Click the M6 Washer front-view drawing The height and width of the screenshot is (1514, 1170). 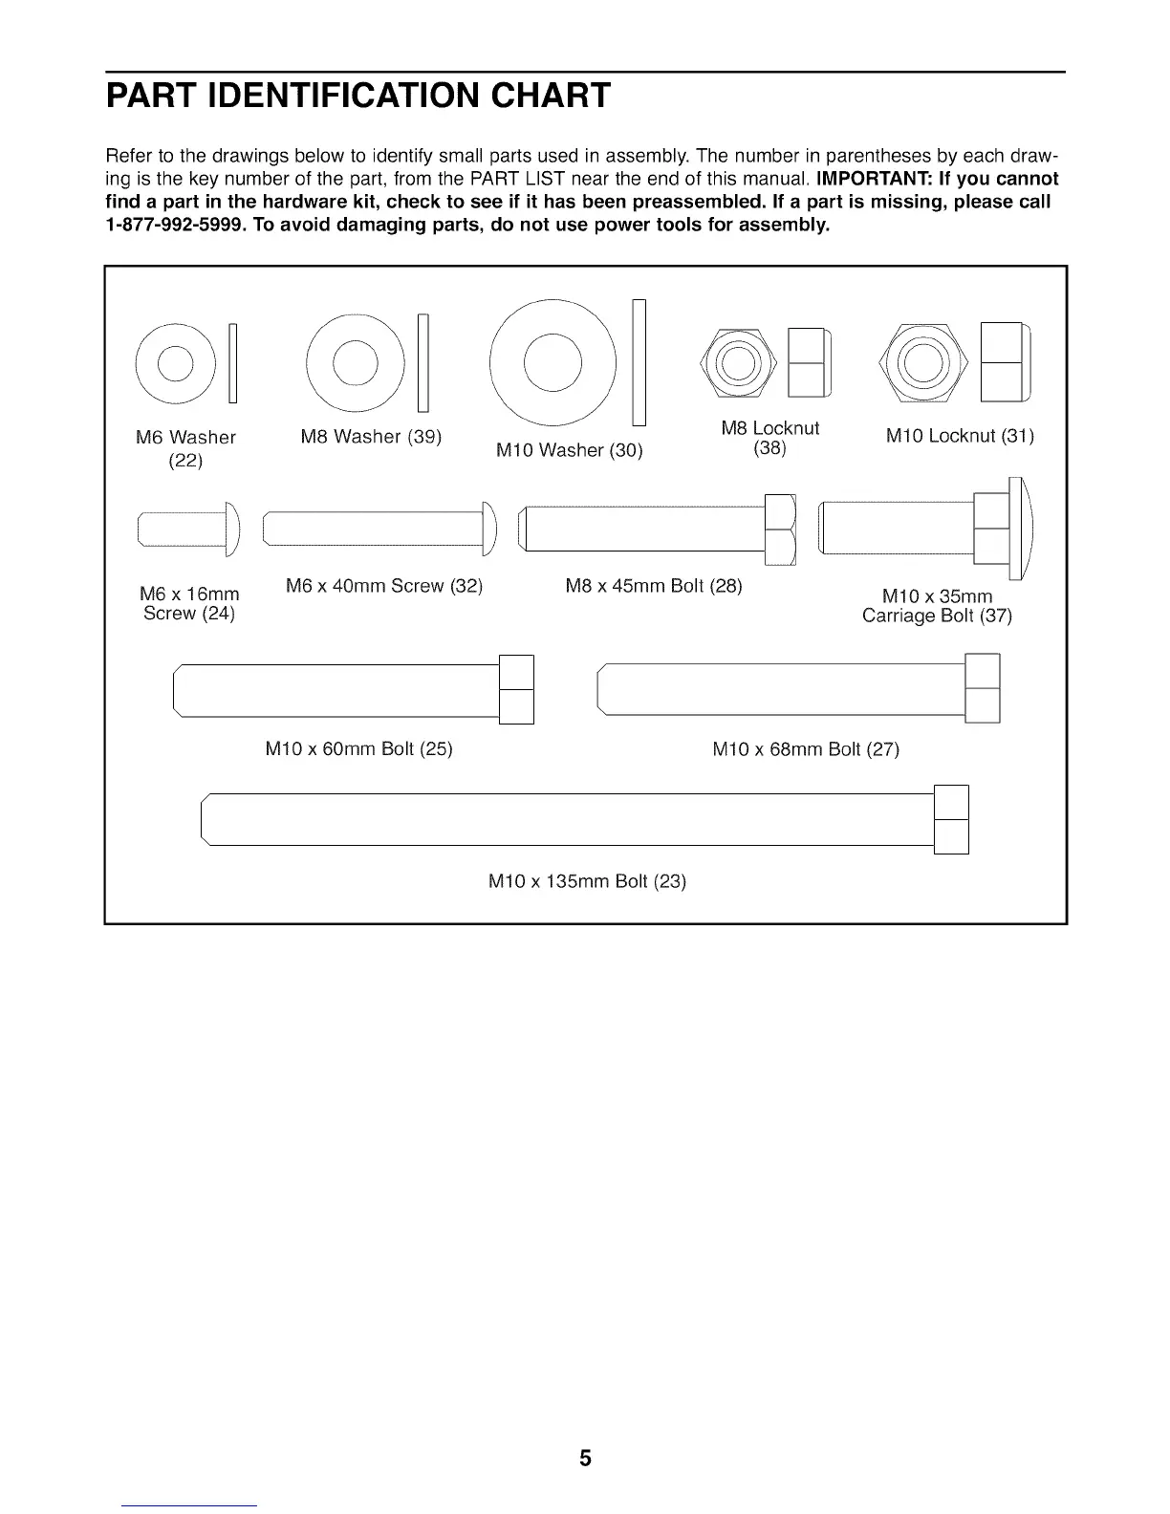175,364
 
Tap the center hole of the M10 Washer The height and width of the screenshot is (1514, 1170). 552,362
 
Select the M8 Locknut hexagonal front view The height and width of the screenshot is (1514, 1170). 738,362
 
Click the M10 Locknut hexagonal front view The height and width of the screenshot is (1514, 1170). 921,362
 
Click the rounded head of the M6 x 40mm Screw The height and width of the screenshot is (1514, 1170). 490,529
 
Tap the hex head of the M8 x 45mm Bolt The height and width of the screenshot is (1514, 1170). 780,530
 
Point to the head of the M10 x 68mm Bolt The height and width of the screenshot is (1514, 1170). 983,688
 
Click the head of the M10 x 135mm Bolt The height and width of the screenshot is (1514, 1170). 951,819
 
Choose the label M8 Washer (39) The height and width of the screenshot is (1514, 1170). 371,437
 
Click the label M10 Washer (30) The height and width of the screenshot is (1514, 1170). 569,450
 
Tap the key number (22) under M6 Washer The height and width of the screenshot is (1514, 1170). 185,461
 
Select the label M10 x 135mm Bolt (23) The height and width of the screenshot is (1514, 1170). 587,881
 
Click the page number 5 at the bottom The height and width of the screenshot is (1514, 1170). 585,1459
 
